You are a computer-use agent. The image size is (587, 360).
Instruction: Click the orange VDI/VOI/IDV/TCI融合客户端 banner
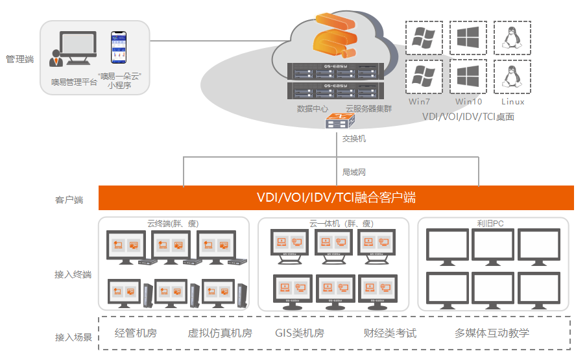(x=336, y=198)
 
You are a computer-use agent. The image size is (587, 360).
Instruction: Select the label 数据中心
(x=313, y=108)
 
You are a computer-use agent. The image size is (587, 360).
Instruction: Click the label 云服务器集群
(x=368, y=108)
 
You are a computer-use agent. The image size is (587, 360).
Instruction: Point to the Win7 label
(x=420, y=102)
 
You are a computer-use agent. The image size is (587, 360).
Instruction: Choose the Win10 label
(x=468, y=102)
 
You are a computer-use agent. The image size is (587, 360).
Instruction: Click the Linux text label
(x=512, y=102)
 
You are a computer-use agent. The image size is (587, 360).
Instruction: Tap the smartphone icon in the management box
(x=118, y=47)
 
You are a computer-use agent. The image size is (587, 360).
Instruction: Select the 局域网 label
(x=354, y=173)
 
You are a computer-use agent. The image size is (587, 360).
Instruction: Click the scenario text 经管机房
(x=136, y=333)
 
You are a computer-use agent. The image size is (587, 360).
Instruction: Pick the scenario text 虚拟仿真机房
(x=220, y=333)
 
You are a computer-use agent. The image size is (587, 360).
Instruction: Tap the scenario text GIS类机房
(x=300, y=333)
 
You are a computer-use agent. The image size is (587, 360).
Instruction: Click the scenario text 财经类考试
(x=390, y=333)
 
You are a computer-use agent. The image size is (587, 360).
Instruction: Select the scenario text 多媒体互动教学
(x=492, y=333)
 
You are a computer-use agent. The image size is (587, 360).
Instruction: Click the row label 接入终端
(x=73, y=275)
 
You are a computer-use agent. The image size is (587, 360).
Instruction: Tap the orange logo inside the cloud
(x=335, y=36)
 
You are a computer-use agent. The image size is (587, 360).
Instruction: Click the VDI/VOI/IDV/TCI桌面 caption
(x=468, y=117)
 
